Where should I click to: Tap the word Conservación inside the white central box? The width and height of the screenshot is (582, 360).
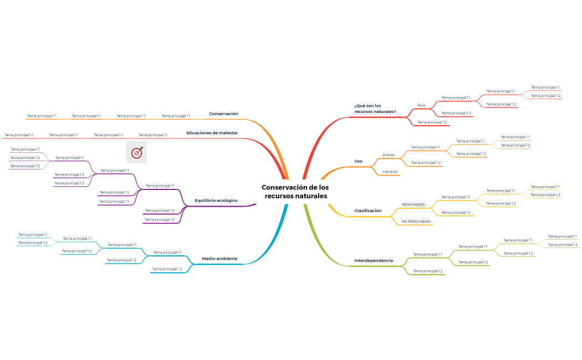(x=283, y=187)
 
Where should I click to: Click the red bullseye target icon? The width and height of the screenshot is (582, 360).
(x=136, y=152)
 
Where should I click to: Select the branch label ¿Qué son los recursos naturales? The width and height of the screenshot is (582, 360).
(x=375, y=108)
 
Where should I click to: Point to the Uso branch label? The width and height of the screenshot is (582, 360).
(x=358, y=161)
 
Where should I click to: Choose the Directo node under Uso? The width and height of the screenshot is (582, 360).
(x=389, y=155)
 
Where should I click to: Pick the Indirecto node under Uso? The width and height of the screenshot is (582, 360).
(x=390, y=172)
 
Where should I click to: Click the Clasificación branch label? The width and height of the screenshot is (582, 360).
(x=368, y=210)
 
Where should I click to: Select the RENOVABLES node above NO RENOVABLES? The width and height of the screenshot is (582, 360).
(x=413, y=204)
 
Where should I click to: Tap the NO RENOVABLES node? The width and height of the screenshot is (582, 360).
(x=416, y=221)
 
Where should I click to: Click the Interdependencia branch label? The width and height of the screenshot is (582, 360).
(x=373, y=260)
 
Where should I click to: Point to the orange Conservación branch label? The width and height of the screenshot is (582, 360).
(x=223, y=114)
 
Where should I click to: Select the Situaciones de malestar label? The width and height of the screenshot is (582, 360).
(x=212, y=133)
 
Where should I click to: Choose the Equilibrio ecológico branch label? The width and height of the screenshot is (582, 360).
(x=216, y=200)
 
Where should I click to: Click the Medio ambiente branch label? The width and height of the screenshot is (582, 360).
(x=219, y=258)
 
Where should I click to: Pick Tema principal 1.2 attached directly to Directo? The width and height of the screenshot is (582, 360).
(x=426, y=163)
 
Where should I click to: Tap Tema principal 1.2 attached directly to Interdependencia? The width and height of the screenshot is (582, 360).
(x=428, y=271)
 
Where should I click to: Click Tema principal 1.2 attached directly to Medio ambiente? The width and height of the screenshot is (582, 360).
(x=167, y=269)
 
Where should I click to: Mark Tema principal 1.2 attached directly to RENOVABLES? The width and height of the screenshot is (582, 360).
(x=456, y=212)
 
